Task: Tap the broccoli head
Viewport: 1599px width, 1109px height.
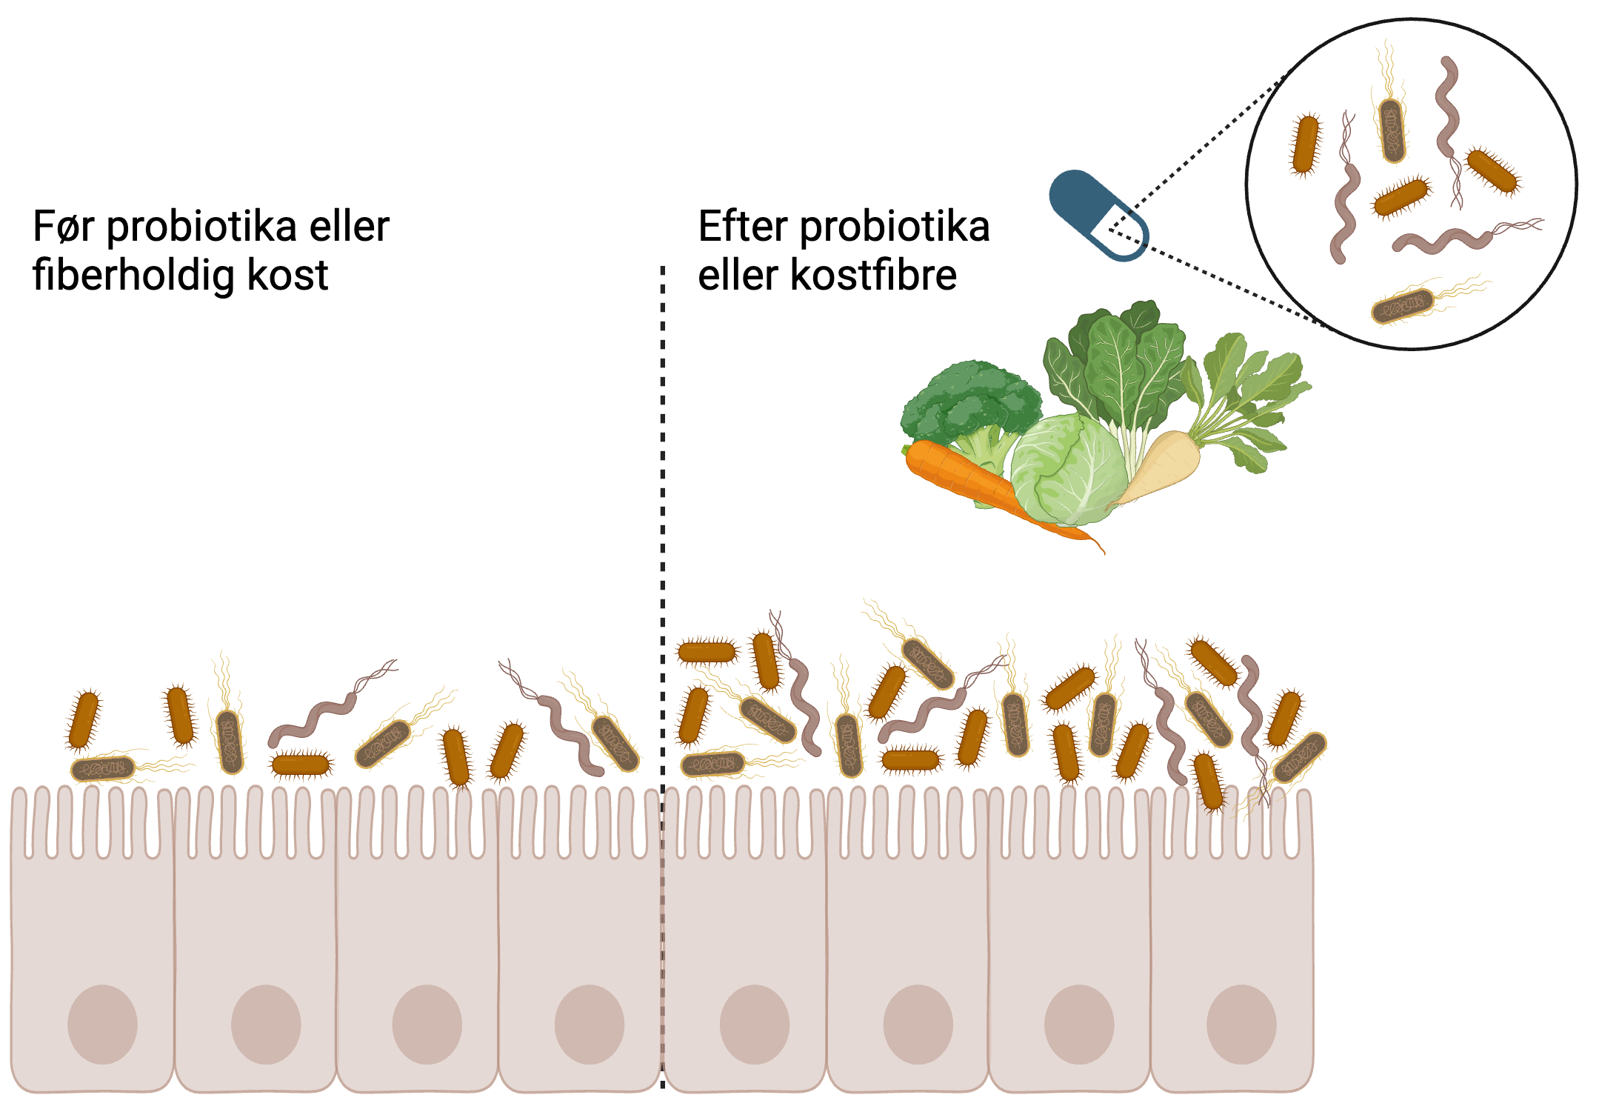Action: tap(970, 400)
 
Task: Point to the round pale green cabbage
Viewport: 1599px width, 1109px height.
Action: tap(1066, 470)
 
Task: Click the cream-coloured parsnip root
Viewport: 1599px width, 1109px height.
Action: tap(1163, 467)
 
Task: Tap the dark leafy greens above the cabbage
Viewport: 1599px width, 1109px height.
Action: tap(1118, 356)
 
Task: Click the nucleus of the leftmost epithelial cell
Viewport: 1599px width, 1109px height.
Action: tap(102, 1024)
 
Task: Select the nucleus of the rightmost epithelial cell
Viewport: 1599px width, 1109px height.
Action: tap(1241, 1024)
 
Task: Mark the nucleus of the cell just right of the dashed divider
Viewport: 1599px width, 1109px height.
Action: tap(754, 1024)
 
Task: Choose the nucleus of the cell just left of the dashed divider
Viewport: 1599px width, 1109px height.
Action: tap(589, 1024)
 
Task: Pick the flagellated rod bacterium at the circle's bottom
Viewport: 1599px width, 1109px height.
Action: tap(1402, 306)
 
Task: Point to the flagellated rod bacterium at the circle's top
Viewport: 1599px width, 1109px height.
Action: tap(1392, 130)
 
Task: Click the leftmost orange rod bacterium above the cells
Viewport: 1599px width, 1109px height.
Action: tap(83, 719)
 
